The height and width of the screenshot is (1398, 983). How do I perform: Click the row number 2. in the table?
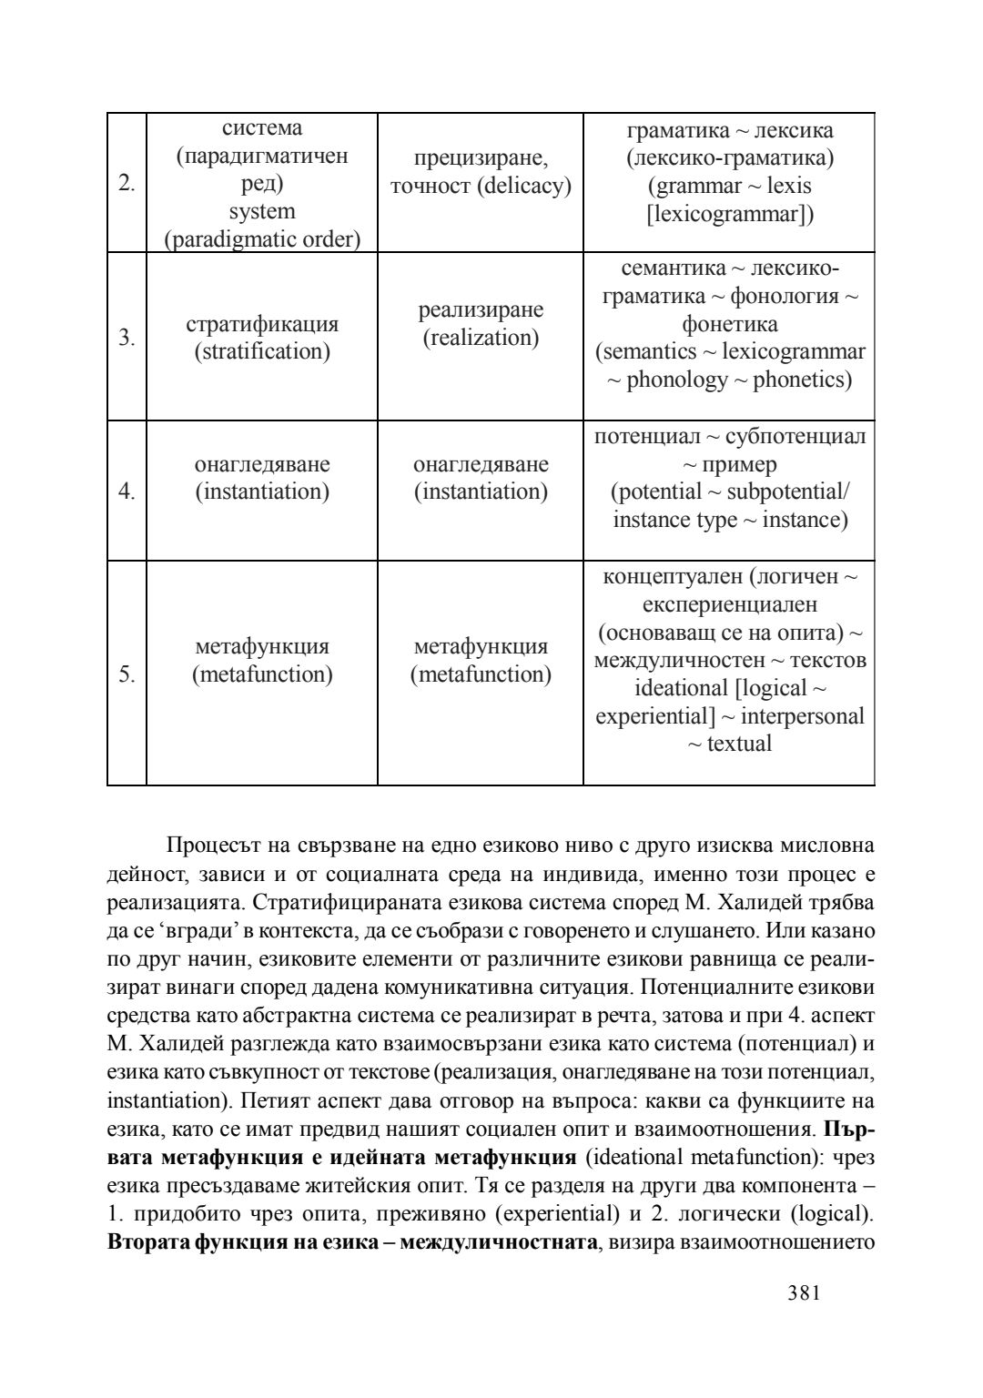point(127,184)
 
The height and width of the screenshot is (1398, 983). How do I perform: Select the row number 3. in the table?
point(127,339)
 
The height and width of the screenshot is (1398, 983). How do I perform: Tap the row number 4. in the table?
point(127,492)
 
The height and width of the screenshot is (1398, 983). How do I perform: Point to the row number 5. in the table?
point(127,674)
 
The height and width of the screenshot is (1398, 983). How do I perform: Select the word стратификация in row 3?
point(262,324)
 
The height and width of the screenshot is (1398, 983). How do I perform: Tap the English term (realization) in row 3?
point(481,339)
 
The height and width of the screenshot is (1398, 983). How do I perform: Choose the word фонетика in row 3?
point(730,324)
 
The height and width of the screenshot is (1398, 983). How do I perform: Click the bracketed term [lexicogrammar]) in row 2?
point(730,214)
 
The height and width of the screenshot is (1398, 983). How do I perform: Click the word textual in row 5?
point(739,744)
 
